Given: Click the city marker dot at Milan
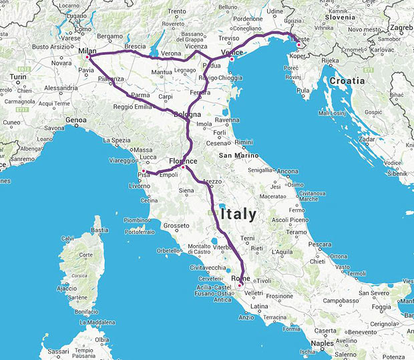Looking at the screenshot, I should click(x=87, y=57).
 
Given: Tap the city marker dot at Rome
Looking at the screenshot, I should click(x=240, y=285).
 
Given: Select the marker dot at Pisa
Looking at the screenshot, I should click(x=144, y=172).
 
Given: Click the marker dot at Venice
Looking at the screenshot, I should click(x=232, y=59).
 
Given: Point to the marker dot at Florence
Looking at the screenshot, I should click(x=183, y=167).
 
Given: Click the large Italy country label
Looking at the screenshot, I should click(x=233, y=214).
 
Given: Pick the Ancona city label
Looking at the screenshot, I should click(x=287, y=171).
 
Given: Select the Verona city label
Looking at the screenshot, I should click(x=171, y=53).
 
